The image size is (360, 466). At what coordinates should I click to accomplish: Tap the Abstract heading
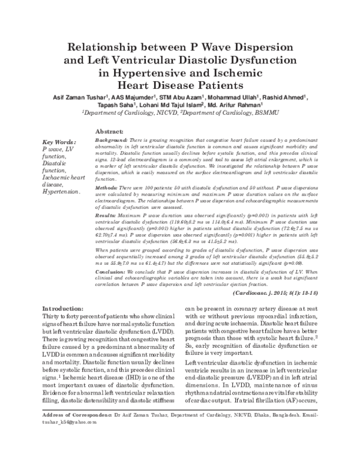[109, 131]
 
